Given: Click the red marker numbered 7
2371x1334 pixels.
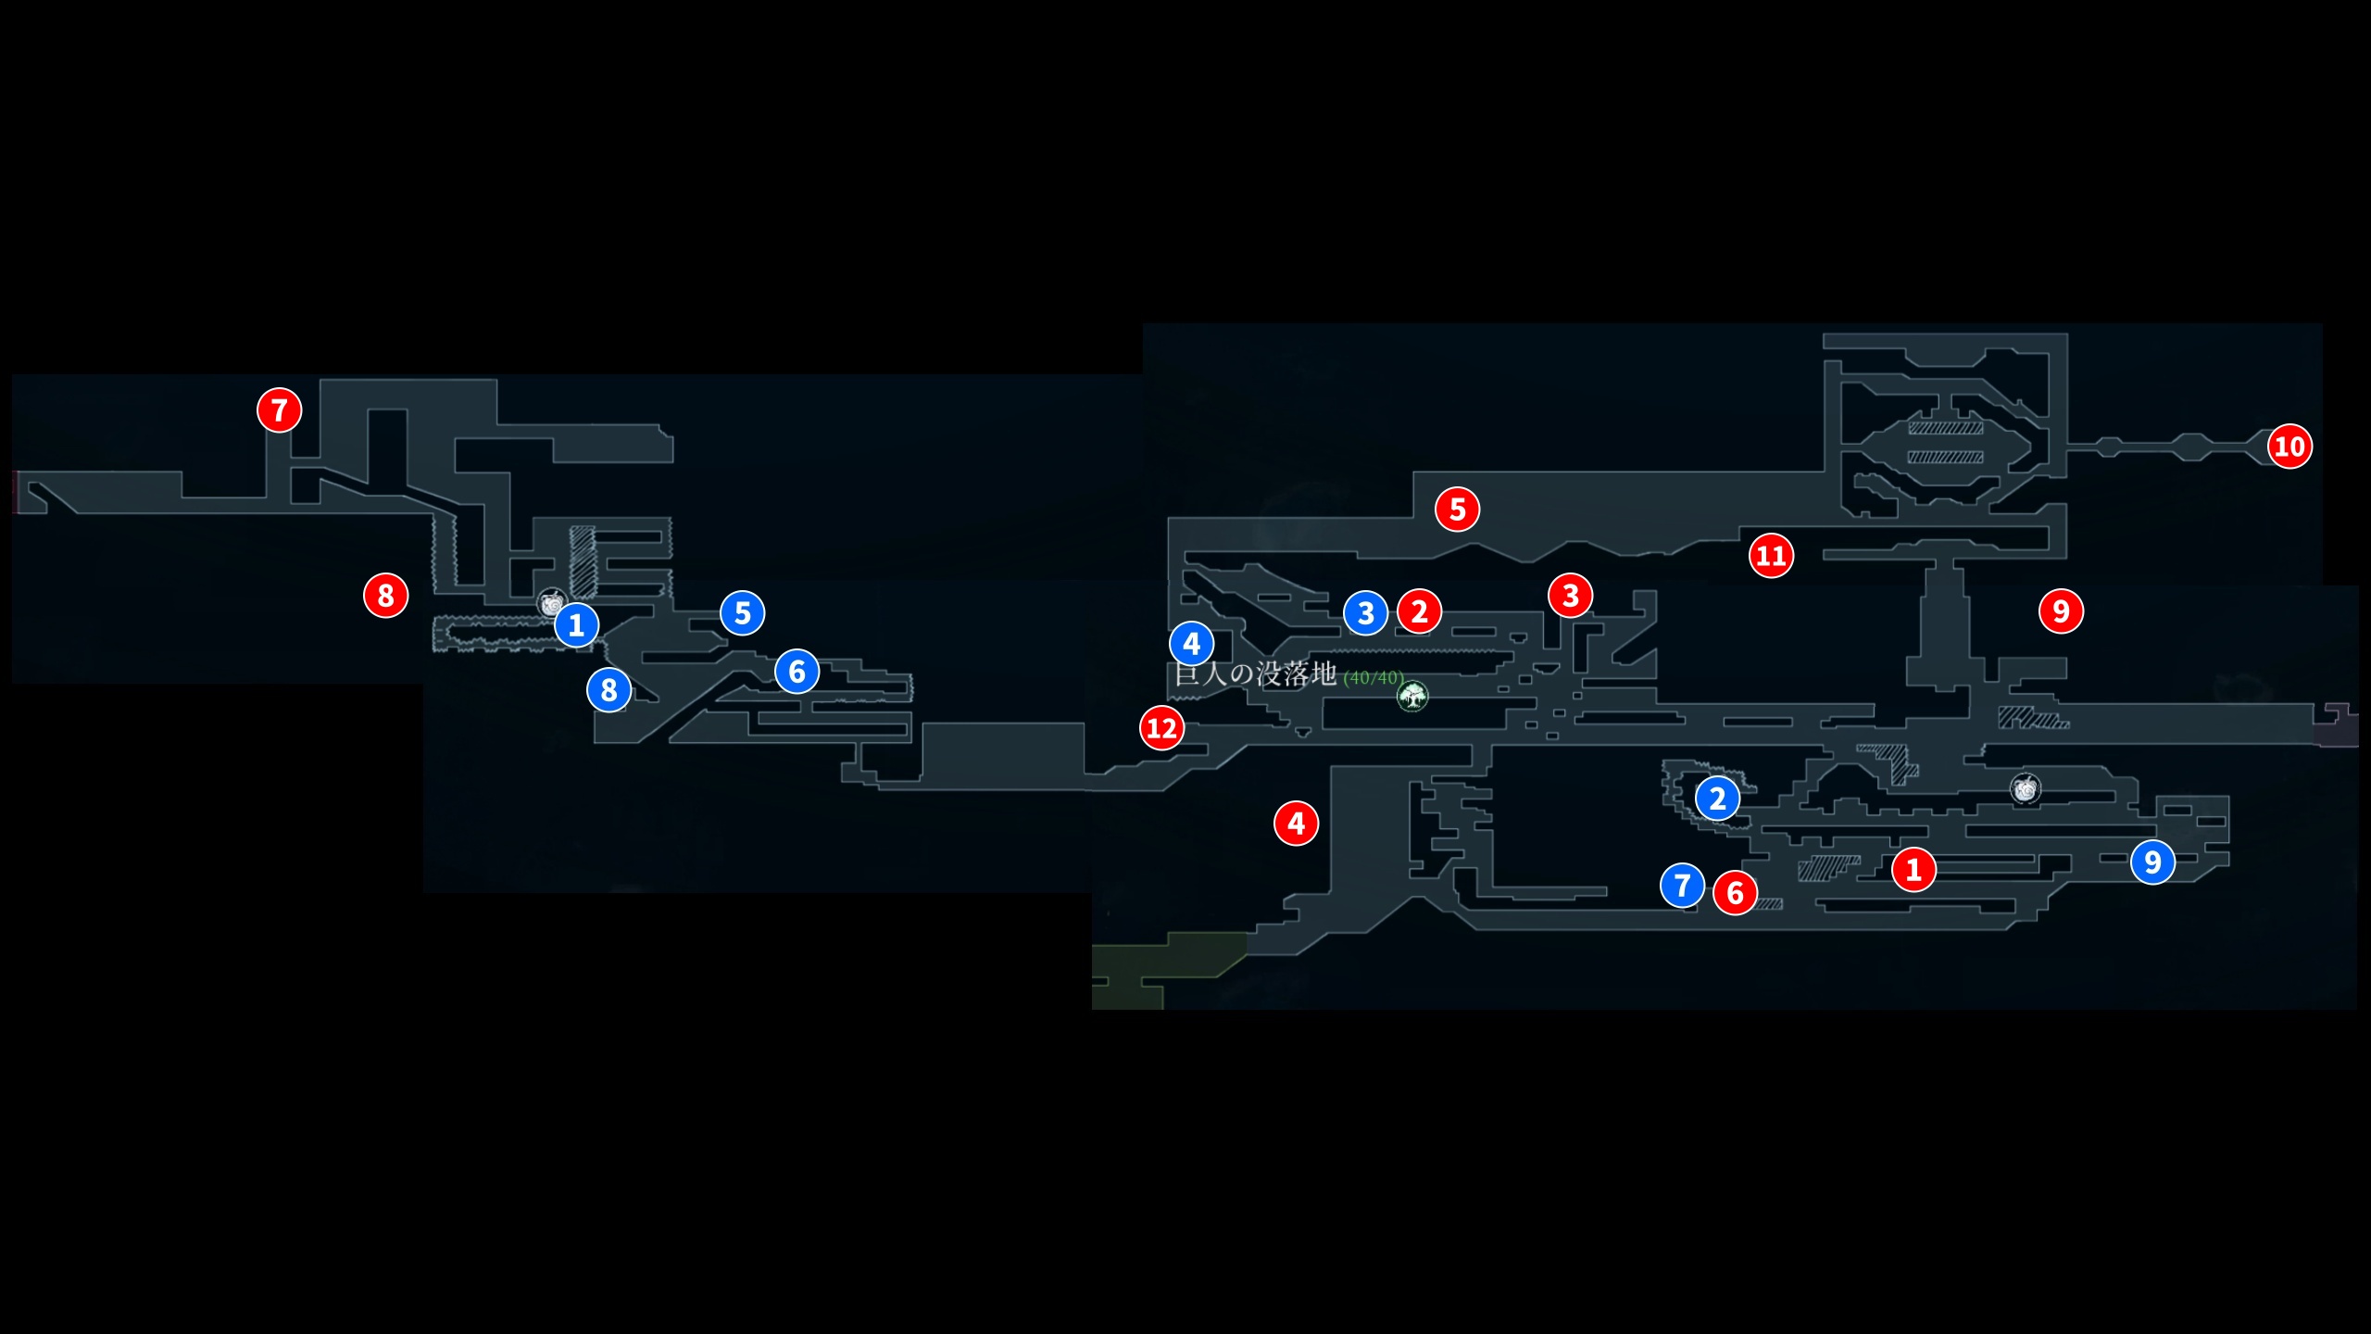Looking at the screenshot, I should coord(279,409).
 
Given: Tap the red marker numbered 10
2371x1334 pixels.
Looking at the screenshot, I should coord(2289,447).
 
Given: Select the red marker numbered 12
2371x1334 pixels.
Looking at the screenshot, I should coord(1161,728).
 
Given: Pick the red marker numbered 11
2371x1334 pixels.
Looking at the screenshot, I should coord(1771,556).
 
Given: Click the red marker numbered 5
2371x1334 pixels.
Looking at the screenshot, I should coord(1457,509).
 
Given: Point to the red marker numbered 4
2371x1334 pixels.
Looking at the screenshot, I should coord(1296,823).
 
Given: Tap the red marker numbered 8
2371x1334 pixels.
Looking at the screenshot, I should coord(385,595).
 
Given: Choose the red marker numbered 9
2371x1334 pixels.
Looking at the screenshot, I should coord(2061,611).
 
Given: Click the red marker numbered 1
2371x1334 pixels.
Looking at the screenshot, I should coord(1913,869).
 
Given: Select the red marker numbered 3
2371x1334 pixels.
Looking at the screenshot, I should coord(1570,596).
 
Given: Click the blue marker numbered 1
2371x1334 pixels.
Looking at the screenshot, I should coord(576,624).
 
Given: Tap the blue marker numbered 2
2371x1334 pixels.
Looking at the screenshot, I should coord(1717,798).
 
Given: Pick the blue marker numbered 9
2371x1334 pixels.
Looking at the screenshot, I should coord(2152,862).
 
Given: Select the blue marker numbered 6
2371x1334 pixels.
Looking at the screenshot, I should coord(797,671).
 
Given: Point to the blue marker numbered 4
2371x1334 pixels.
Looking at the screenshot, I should coord(1191,643).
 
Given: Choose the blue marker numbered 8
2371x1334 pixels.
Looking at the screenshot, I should coord(608,689).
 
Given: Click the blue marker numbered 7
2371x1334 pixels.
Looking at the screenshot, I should coord(1682,885).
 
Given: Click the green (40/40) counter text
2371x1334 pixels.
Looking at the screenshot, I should coord(1374,678).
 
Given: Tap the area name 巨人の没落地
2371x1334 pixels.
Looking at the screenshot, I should coord(1255,673).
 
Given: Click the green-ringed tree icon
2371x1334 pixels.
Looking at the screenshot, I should coord(1412,696).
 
